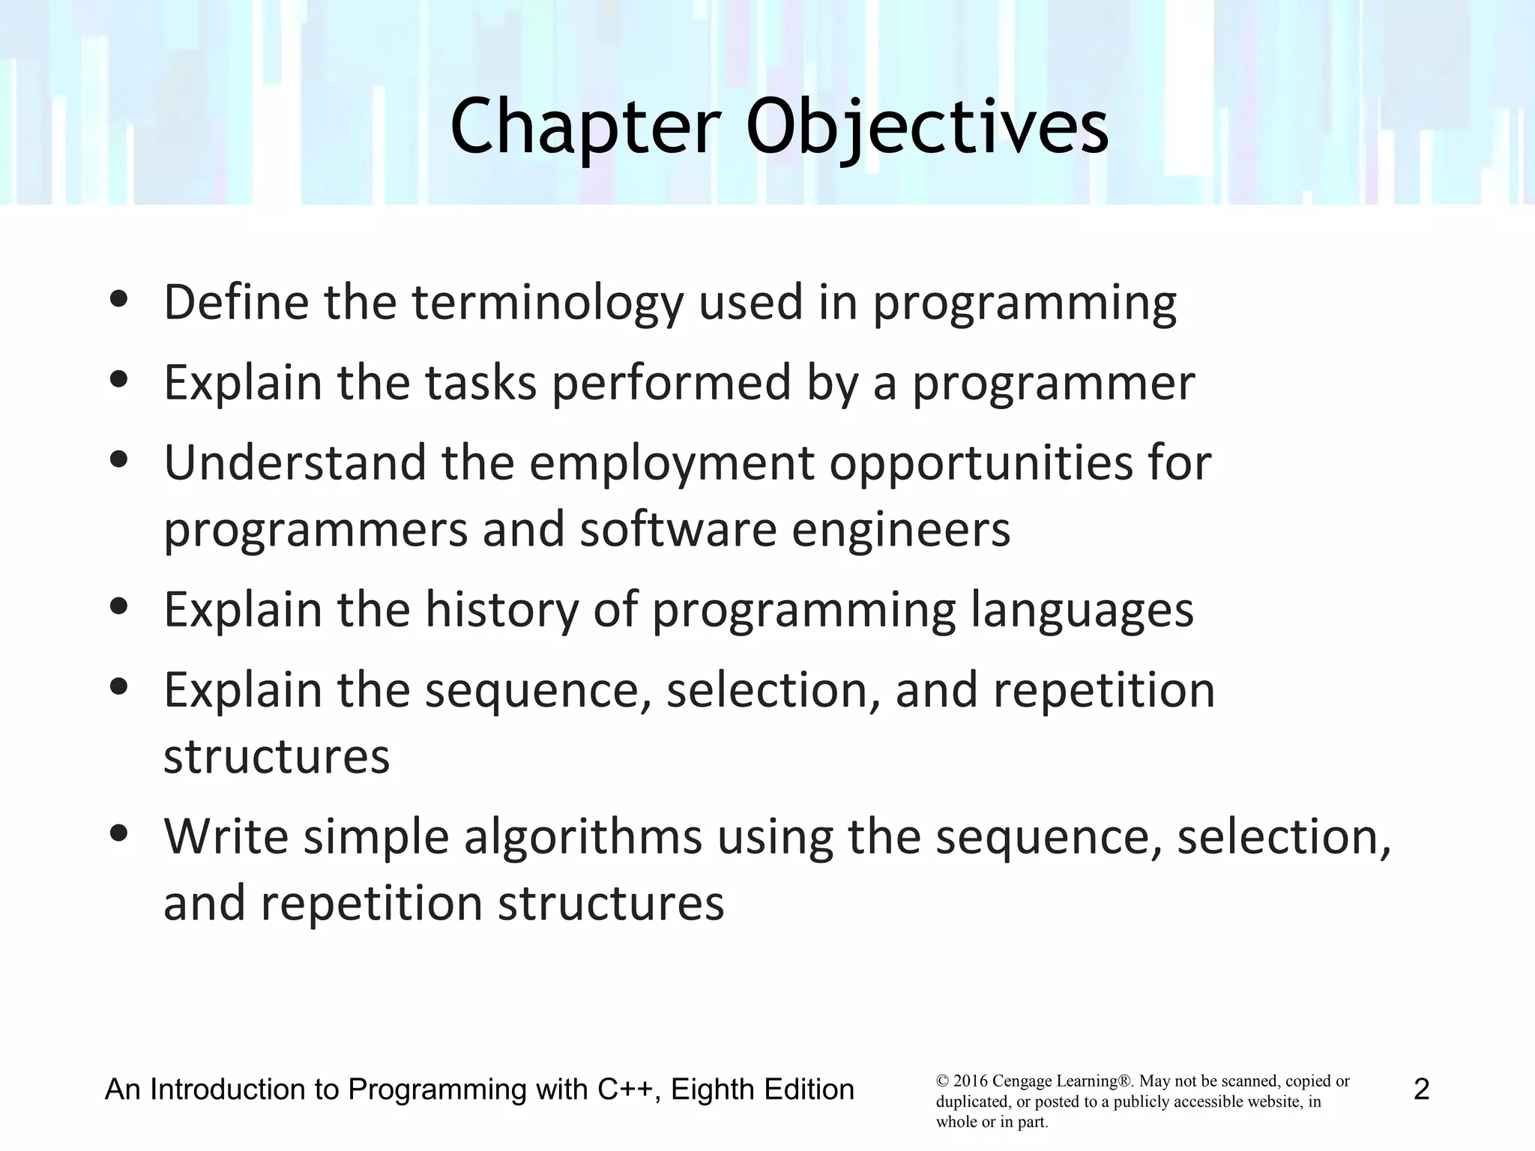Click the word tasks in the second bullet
[480, 383]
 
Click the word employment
[672, 464]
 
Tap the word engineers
[901, 529]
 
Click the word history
[501, 609]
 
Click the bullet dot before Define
[119, 300]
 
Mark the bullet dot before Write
[119, 833]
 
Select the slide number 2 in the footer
[1421, 1090]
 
